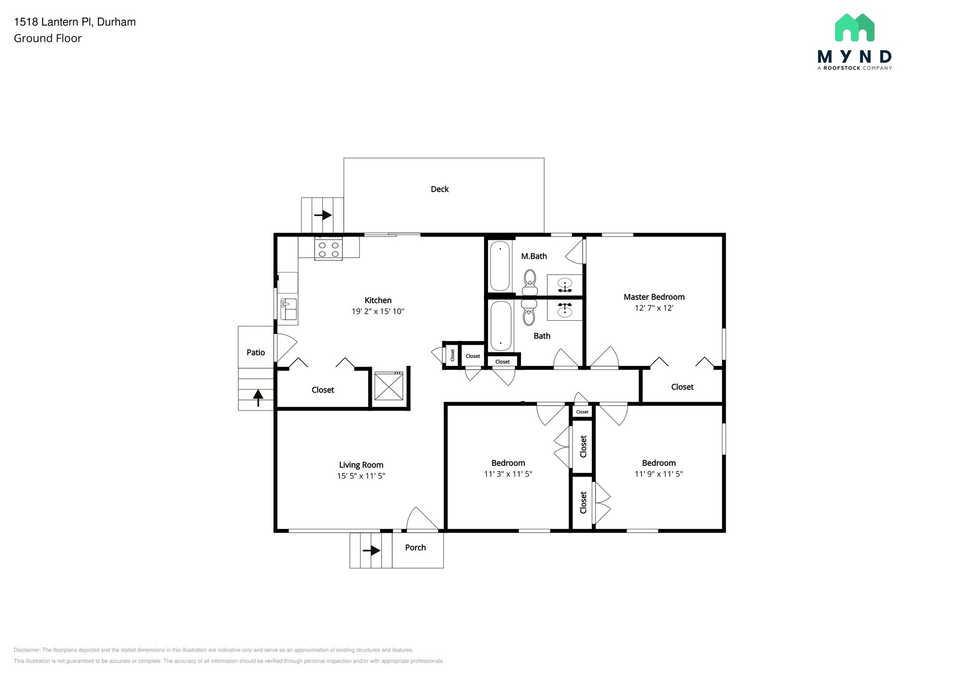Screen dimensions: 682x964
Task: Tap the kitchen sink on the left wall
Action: tap(288, 309)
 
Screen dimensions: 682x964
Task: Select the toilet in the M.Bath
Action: tap(530, 282)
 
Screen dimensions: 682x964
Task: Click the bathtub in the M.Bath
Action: tap(500, 266)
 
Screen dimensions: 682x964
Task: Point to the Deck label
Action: tap(440, 189)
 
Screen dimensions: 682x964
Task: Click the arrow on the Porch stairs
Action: tap(371, 550)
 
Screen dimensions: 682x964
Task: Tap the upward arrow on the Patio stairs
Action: tap(258, 397)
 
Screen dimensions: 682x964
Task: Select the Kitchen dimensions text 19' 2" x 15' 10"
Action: tap(378, 311)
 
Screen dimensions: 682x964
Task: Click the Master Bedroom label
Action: tap(654, 297)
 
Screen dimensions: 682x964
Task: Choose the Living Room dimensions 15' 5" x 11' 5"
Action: tap(361, 476)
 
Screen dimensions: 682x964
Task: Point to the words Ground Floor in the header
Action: tap(48, 39)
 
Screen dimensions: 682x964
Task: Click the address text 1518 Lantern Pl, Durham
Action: tap(75, 22)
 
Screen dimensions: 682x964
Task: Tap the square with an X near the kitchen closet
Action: tap(389, 386)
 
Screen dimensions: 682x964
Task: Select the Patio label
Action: tap(256, 352)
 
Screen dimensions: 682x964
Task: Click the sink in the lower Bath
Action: tap(564, 310)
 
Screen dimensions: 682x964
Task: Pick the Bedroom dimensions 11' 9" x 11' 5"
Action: tap(659, 474)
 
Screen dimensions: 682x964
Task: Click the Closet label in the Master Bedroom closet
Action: tap(682, 387)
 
